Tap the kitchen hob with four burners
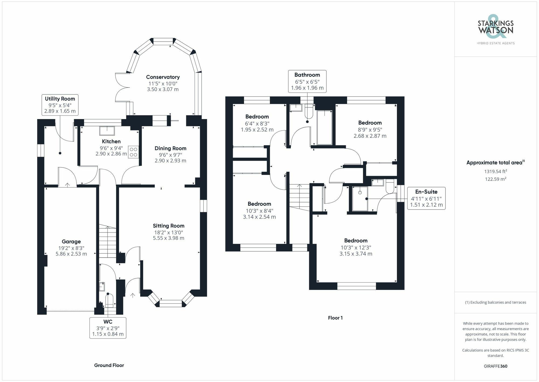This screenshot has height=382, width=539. (133, 152)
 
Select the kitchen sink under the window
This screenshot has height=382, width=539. (107, 131)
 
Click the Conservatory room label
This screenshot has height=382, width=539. (163, 77)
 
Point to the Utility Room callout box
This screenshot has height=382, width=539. (60, 105)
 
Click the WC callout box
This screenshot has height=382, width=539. (108, 328)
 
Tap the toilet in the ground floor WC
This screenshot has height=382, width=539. (109, 301)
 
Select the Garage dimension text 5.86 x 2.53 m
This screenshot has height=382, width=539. (71, 254)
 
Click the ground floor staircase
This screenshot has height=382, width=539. (108, 242)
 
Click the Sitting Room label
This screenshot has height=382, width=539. (168, 226)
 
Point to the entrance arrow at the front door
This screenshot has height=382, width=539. (133, 295)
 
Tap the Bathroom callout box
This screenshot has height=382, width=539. (307, 81)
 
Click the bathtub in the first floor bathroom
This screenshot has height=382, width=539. (324, 127)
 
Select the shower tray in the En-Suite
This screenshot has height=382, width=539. (360, 199)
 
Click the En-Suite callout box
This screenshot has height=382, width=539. (426, 198)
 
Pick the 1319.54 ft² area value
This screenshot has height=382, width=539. (495, 171)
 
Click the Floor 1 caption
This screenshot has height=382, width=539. (335, 318)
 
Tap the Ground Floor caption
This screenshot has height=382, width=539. (109, 365)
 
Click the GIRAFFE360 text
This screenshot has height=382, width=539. (495, 366)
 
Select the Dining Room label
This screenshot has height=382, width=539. (170, 148)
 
